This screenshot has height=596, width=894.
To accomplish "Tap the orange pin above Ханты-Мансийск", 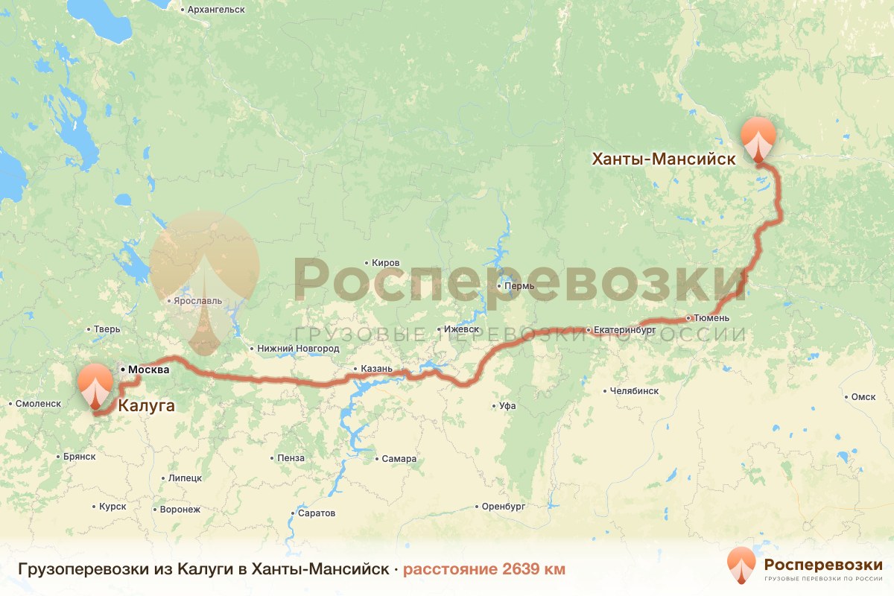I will (x=758, y=138).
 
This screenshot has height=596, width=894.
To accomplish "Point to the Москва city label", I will (x=149, y=370).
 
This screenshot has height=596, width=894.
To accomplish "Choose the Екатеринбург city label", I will (x=624, y=329).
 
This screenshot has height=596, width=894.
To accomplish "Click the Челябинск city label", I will (x=634, y=390).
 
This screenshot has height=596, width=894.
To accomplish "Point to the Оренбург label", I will (x=504, y=506).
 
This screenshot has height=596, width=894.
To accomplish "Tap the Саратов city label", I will (x=316, y=513).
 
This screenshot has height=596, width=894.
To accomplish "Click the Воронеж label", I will (x=180, y=510).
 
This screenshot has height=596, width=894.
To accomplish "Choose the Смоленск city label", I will (x=38, y=403).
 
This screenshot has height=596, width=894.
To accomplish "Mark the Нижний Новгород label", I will (x=297, y=348).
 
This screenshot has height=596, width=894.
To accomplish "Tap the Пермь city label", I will (x=519, y=286).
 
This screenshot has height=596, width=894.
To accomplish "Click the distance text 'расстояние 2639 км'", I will (x=484, y=569).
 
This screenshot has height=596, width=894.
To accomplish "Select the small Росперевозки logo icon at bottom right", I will (x=741, y=565).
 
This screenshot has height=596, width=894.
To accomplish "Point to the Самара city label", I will (x=399, y=458).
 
